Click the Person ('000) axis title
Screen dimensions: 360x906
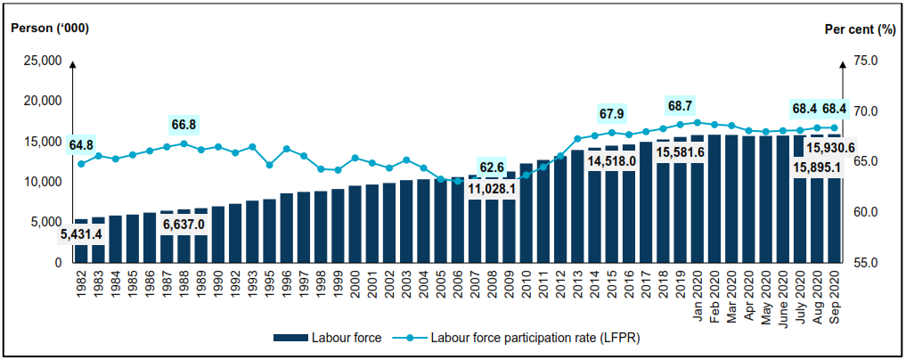click(x=50, y=29)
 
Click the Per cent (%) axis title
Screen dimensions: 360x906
click(x=859, y=29)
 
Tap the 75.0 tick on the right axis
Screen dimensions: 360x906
click(x=866, y=61)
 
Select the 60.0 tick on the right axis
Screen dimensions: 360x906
click(x=866, y=212)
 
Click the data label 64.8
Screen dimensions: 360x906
click(x=80, y=144)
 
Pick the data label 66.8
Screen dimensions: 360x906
click(x=184, y=124)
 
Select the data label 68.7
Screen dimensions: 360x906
click(x=681, y=104)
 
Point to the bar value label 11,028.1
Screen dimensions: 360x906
click(x=492, y=188)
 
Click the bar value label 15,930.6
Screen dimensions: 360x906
click(x=830, y=148)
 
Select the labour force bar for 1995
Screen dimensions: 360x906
click(x=269, y=231)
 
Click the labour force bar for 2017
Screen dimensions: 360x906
click(x=646, y=201)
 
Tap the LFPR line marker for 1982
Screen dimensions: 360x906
click(x=81, y=163)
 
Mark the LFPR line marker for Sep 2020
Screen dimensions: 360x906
click(x=835, y=127)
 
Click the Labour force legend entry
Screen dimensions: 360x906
click(x=331, y=338)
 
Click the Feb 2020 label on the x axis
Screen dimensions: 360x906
click(x=714, y=290)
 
